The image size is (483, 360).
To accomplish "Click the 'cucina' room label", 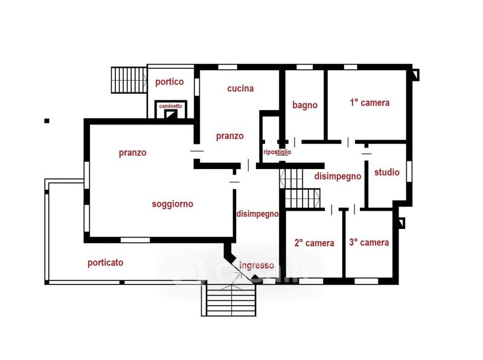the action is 240,88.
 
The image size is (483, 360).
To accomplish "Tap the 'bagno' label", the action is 305,105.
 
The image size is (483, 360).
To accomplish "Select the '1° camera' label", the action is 369,103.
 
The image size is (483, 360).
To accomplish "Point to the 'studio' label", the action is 386,172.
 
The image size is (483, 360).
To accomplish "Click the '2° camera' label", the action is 314,243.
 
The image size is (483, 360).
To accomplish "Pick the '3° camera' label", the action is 369,243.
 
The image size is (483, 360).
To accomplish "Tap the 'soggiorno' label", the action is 172,204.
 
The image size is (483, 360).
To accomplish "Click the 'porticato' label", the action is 105,263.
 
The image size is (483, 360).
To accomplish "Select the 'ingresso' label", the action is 256,265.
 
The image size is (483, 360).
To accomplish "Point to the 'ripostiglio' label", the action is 277,152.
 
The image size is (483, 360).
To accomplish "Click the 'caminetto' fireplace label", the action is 170,106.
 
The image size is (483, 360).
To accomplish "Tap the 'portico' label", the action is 170,82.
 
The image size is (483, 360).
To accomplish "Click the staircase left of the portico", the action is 129,80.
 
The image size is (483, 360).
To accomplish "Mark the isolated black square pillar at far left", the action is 47,121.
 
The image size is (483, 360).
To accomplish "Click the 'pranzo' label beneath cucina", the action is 229,136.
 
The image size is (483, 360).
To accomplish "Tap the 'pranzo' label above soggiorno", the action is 132,153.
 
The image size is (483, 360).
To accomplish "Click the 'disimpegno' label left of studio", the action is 337,176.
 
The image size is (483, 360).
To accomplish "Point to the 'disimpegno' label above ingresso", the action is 257,214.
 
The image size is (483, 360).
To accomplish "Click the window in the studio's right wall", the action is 409,171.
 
